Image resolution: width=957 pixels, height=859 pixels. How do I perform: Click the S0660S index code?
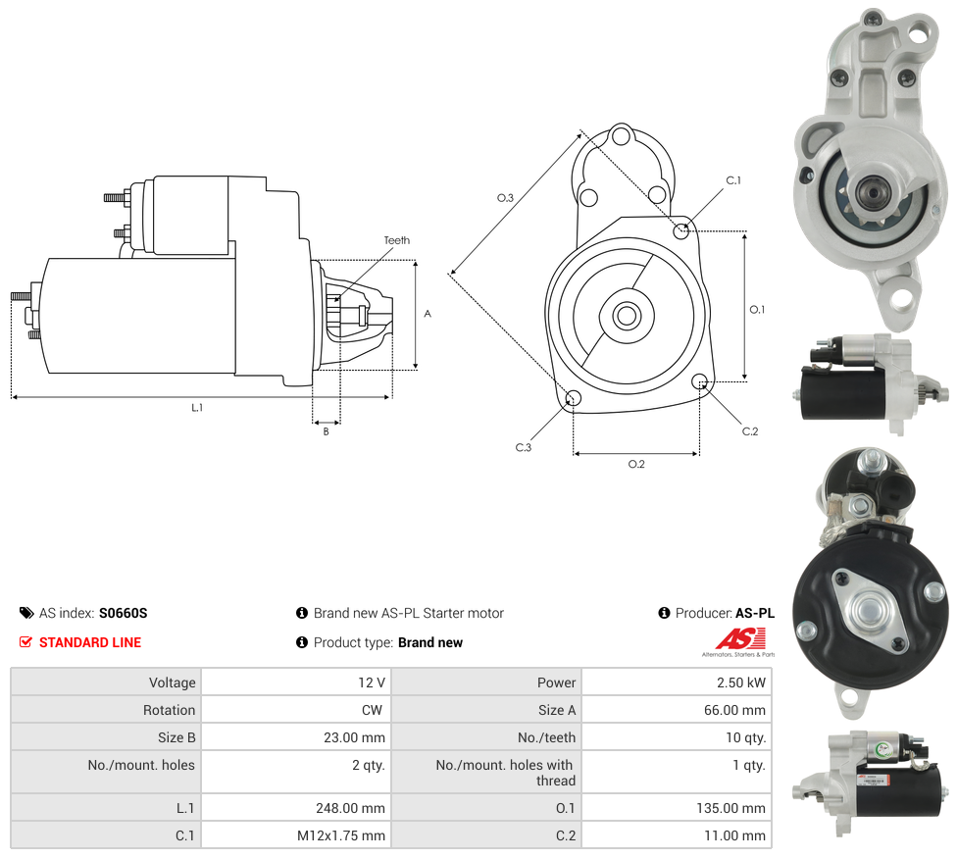pos(123,613)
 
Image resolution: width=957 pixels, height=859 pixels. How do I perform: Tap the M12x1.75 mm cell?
pos(341,835)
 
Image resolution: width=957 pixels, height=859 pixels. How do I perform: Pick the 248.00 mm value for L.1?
pos(346,808)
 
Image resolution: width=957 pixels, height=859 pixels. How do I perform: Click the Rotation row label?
pos(171,710)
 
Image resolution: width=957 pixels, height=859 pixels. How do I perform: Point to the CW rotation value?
pos(374,710)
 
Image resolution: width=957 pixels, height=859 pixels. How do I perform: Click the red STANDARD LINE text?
pos(90,642)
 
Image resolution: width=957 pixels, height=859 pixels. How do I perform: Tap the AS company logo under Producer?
pos(738,641)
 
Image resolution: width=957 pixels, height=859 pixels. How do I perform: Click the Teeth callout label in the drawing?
pos(396,240)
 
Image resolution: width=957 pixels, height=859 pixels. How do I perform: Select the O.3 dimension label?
pos(505,198)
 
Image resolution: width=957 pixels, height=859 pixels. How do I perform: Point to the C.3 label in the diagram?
pos(524,447)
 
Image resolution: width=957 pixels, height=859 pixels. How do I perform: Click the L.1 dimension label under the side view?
pos(197,407)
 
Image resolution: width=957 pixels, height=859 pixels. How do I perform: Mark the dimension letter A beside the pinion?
pos(428,314)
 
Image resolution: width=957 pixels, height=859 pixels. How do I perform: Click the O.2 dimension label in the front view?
pos(636,464)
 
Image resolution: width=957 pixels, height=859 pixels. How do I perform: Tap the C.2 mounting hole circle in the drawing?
pos(699,381)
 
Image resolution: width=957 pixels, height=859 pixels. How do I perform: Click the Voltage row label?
pos(173,682)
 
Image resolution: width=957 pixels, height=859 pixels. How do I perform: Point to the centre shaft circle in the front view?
pos(627,316)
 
